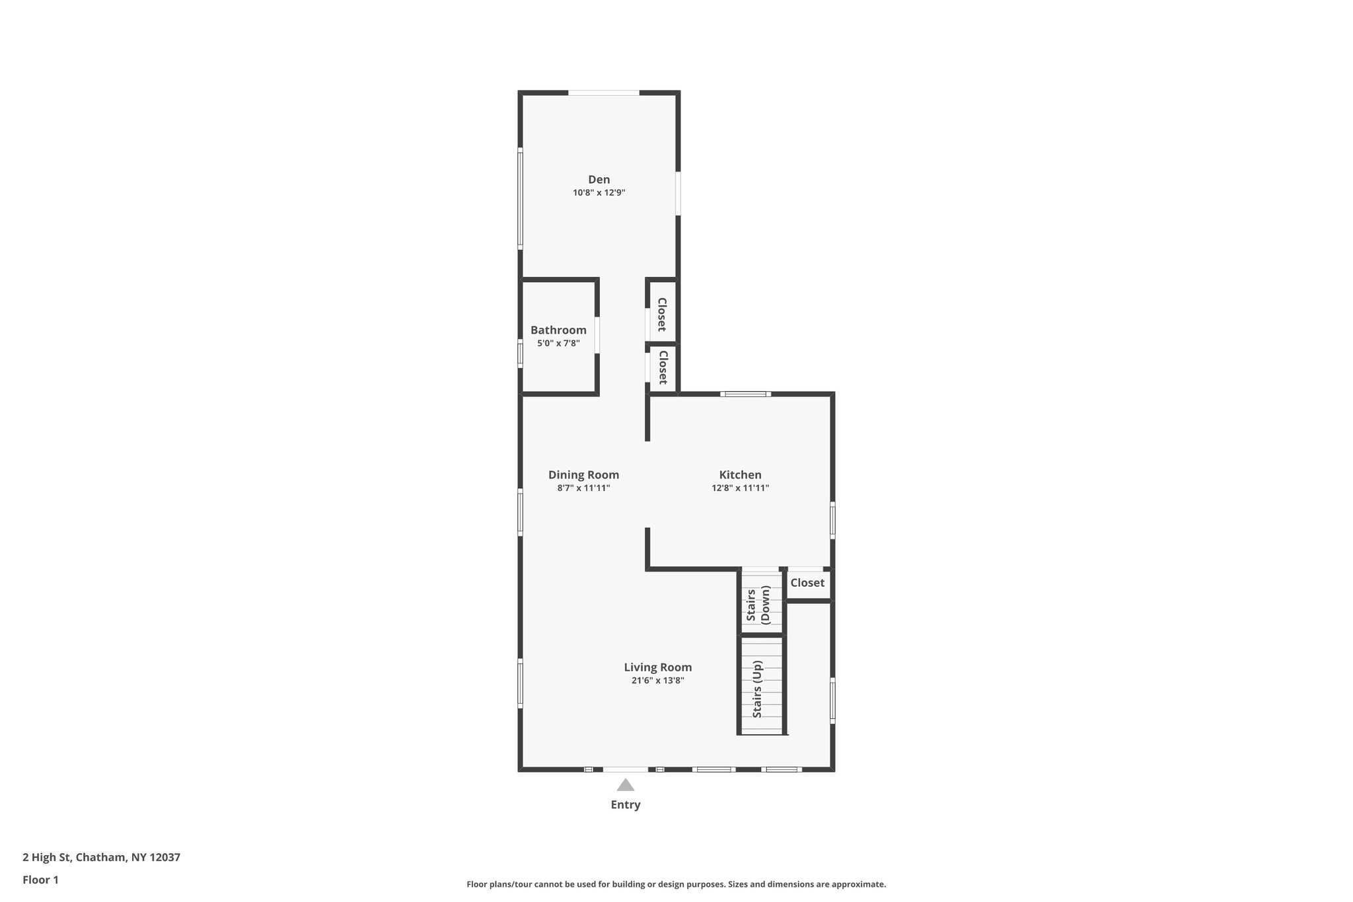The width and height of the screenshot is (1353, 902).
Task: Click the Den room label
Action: tap(599, 180)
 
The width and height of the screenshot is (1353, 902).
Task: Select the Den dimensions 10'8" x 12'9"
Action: tap(599, 193)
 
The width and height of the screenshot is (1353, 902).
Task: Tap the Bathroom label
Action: tap(558, 330)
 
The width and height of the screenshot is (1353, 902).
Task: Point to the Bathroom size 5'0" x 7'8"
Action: tap(558, 344)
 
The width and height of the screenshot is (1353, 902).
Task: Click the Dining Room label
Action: tap(583, 474)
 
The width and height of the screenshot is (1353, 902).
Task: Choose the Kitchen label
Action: tap(740, 474)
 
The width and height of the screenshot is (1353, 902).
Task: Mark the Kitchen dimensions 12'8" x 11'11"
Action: tap(740, 488)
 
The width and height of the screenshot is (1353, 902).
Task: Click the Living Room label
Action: tap(657, 667)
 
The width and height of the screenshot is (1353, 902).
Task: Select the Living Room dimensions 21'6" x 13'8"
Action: tap(657, 681)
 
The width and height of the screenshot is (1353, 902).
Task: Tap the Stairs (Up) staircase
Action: tap(760, 687)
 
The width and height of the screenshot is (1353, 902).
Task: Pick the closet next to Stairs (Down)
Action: tap(807, 583)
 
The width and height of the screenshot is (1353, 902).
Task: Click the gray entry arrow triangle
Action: tap(625, 785)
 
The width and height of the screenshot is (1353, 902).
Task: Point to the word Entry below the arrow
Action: tap(625, 805)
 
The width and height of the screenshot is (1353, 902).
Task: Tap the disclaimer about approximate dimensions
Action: tap(676, 884)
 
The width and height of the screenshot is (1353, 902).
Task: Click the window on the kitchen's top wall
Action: tap(745, 395)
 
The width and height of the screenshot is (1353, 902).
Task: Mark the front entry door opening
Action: tap(625, 769)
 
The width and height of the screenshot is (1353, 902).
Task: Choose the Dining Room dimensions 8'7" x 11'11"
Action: tap(583, 488)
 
